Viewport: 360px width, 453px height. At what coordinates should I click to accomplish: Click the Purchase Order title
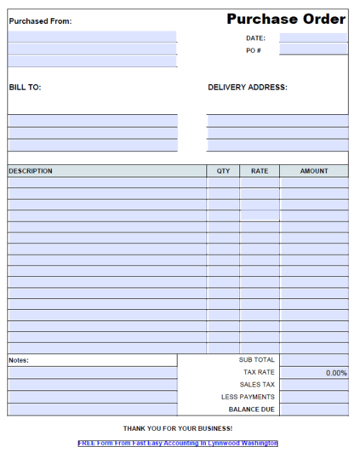(286, 20)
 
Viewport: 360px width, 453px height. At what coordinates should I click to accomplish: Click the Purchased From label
(40, 21)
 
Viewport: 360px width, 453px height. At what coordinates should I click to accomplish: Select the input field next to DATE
(313, 38)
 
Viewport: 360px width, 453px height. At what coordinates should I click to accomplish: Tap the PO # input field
(313, 50)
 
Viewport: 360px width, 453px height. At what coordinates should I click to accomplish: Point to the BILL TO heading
(25, 87)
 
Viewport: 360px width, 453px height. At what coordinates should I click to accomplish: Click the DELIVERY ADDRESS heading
(247, 87)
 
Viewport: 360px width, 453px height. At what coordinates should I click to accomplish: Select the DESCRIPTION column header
(31, 171)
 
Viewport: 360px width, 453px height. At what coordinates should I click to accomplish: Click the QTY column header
(223, 171)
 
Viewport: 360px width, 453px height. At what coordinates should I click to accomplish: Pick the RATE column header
(260, 171)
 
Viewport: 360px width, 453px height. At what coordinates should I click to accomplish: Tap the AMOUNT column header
(313, 171)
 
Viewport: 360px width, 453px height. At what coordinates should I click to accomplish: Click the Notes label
(19, 360)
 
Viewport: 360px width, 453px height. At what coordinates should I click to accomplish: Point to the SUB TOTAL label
(256, 360)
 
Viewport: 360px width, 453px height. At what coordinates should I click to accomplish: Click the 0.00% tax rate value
(336, 373)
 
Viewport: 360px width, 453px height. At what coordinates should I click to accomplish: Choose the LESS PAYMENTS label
(248, 397)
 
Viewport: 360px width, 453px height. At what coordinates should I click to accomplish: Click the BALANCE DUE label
(251, 410)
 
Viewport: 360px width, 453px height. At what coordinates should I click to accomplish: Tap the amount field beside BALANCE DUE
(313, 410)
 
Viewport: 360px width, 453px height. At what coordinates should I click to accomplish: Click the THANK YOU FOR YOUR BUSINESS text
(178, 428)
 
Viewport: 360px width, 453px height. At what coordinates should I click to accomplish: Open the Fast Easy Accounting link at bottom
(178, 444)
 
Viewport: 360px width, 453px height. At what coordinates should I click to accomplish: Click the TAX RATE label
(259, 372)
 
